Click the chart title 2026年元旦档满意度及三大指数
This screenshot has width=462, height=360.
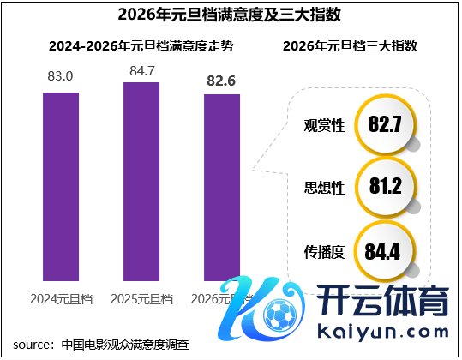231,14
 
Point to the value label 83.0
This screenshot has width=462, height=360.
61,77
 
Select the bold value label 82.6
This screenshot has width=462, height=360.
222,80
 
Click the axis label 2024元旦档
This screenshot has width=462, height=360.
61,299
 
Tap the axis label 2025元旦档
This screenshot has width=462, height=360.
141,299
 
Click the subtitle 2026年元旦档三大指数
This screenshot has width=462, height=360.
350,45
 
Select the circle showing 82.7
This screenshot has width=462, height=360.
385,125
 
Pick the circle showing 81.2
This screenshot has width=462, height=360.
385,187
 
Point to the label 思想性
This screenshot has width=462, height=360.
324,188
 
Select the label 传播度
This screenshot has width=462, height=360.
324,252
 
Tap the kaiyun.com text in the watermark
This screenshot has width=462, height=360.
384,331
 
